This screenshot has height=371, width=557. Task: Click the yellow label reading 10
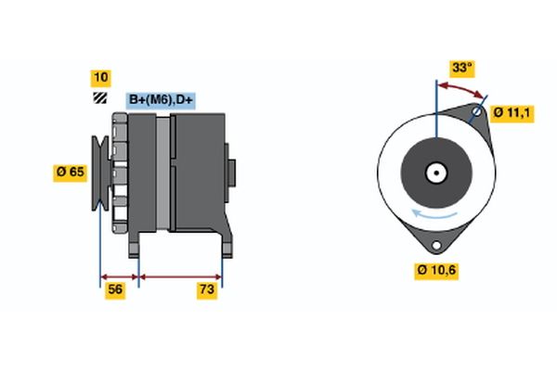coord(99,77)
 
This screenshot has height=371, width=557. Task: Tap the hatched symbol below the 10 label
coord(99,97)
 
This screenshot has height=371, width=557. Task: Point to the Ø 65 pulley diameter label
coord(71,172)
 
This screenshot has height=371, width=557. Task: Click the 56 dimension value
coord(116,291)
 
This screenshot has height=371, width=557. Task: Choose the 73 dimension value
coord(207,291)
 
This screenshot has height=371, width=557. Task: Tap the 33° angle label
coord(461,68)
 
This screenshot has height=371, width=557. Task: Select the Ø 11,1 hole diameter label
coord(512,112)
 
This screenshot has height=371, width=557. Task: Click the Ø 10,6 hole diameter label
coord(435,270)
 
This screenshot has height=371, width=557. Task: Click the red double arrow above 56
coord(119,276)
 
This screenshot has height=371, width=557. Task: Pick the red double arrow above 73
coord(180,276)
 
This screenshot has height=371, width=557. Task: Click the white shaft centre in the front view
coord(434,172)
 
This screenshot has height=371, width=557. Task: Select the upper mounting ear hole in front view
coord(476,114)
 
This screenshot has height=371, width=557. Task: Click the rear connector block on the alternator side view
coord(231,173)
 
